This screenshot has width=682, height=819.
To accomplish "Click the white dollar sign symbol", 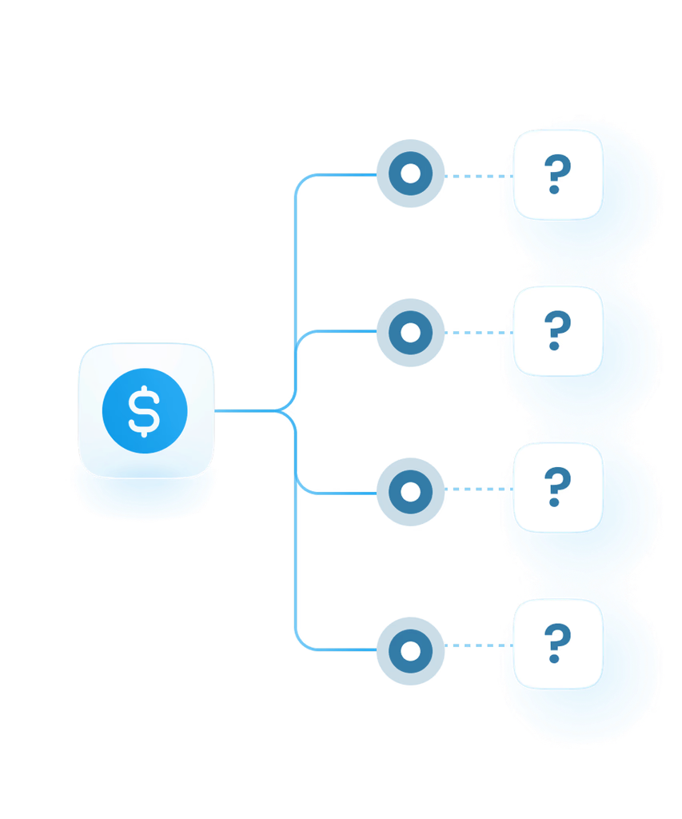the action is point(144,411).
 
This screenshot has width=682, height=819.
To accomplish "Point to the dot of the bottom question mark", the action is point(554,658).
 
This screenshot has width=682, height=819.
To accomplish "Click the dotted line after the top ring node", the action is point(479,176).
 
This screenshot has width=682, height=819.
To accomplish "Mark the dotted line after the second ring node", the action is point(479,333).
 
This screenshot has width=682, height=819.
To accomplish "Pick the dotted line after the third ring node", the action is point(479,489).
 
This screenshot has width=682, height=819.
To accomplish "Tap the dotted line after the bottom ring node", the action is point(479,645).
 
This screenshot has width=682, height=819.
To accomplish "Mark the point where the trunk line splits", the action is point(275,411).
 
